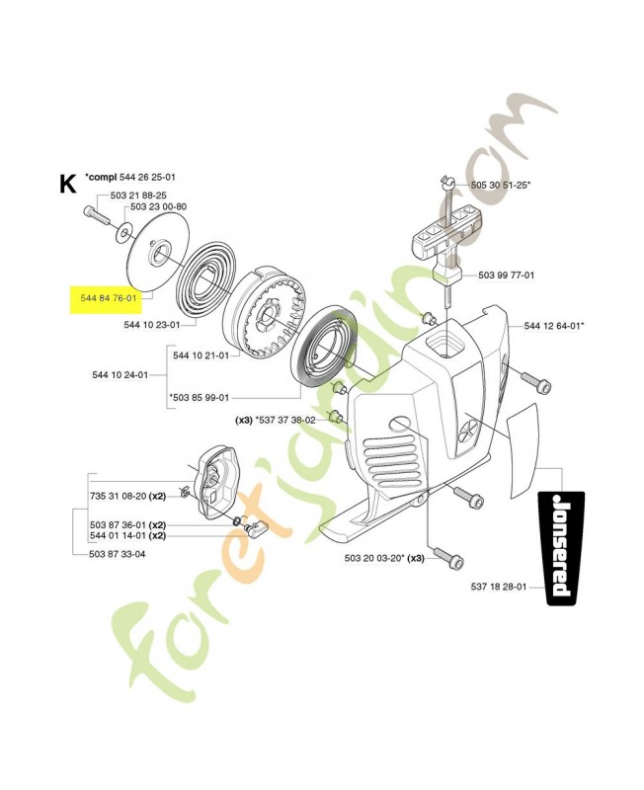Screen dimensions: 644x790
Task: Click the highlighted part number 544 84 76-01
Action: coord(109,298)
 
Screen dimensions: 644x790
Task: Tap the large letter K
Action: coord(67,185)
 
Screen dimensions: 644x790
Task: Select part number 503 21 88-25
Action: coord(138,195)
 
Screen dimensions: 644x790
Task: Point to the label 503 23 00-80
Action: coord(158,206)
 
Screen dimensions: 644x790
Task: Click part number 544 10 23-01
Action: coord(152,325)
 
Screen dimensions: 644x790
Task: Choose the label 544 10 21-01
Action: coord(201,355)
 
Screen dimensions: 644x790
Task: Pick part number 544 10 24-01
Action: coord(120,375)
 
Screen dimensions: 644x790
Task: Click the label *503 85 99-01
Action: coord(200,398)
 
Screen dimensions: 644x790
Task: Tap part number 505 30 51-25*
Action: coord(501,185)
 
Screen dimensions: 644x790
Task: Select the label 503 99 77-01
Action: coord(506,276)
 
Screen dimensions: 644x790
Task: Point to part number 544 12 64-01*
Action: coord(554,326)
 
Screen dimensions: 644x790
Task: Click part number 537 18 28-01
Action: coord(499,587)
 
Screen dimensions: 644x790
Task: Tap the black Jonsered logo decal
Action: coord(565,548)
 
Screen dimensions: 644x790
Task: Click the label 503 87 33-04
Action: coord(117,554)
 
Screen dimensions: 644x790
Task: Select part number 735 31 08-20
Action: coord(118,497)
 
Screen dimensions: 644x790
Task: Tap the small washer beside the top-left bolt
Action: coord(121,234)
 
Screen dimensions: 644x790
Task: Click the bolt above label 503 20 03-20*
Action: coord(448,557)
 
